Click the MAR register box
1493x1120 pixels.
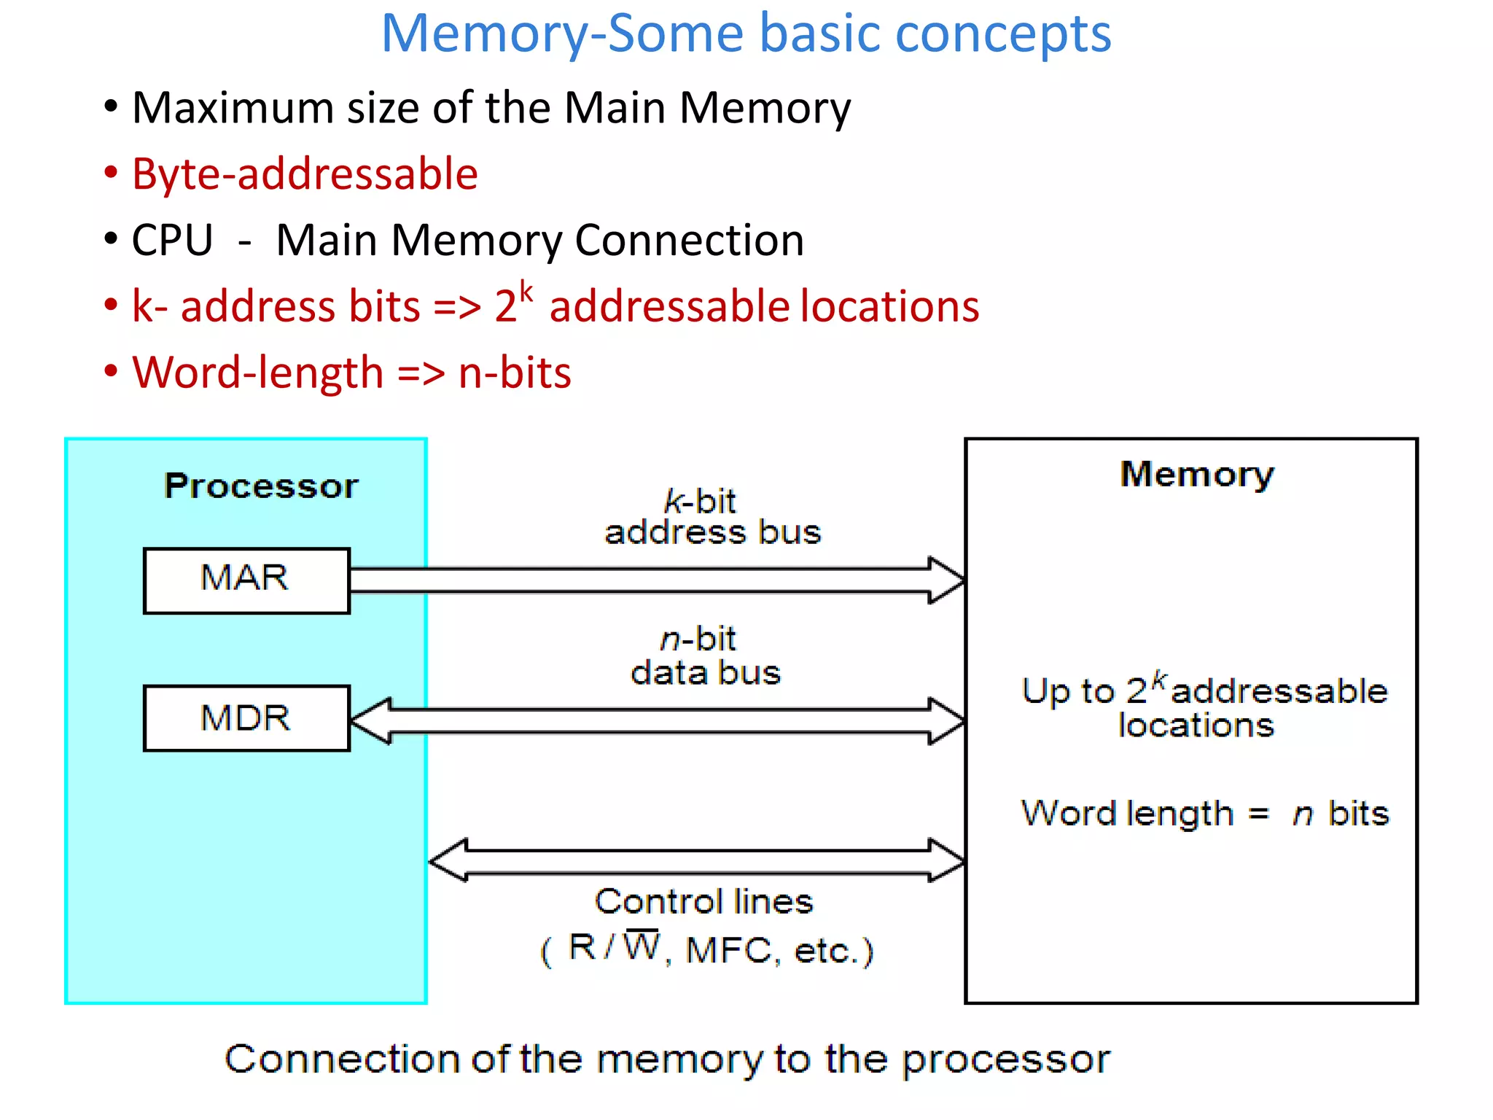click(246, 580)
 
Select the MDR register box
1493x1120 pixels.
click(246, 718)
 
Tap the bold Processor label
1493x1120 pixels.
click(261, 486)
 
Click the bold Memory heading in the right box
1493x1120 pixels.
click(1197, 475)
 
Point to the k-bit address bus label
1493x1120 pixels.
click(712, 517)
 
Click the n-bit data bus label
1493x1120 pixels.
click(705, 656)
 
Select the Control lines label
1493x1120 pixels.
click(703, 902)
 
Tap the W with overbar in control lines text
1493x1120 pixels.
click(642, 946)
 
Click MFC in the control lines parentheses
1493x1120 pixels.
click(729, 951)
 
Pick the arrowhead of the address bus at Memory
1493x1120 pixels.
click(947, 580)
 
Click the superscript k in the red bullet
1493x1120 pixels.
click(526, 292)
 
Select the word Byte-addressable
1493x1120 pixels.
click(305, 174)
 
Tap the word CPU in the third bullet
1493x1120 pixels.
click(172, 240)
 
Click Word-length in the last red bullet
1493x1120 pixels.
click(257, 373)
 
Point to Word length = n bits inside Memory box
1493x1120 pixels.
click(1204, 813)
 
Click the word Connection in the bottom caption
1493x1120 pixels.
click(341, 1059)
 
